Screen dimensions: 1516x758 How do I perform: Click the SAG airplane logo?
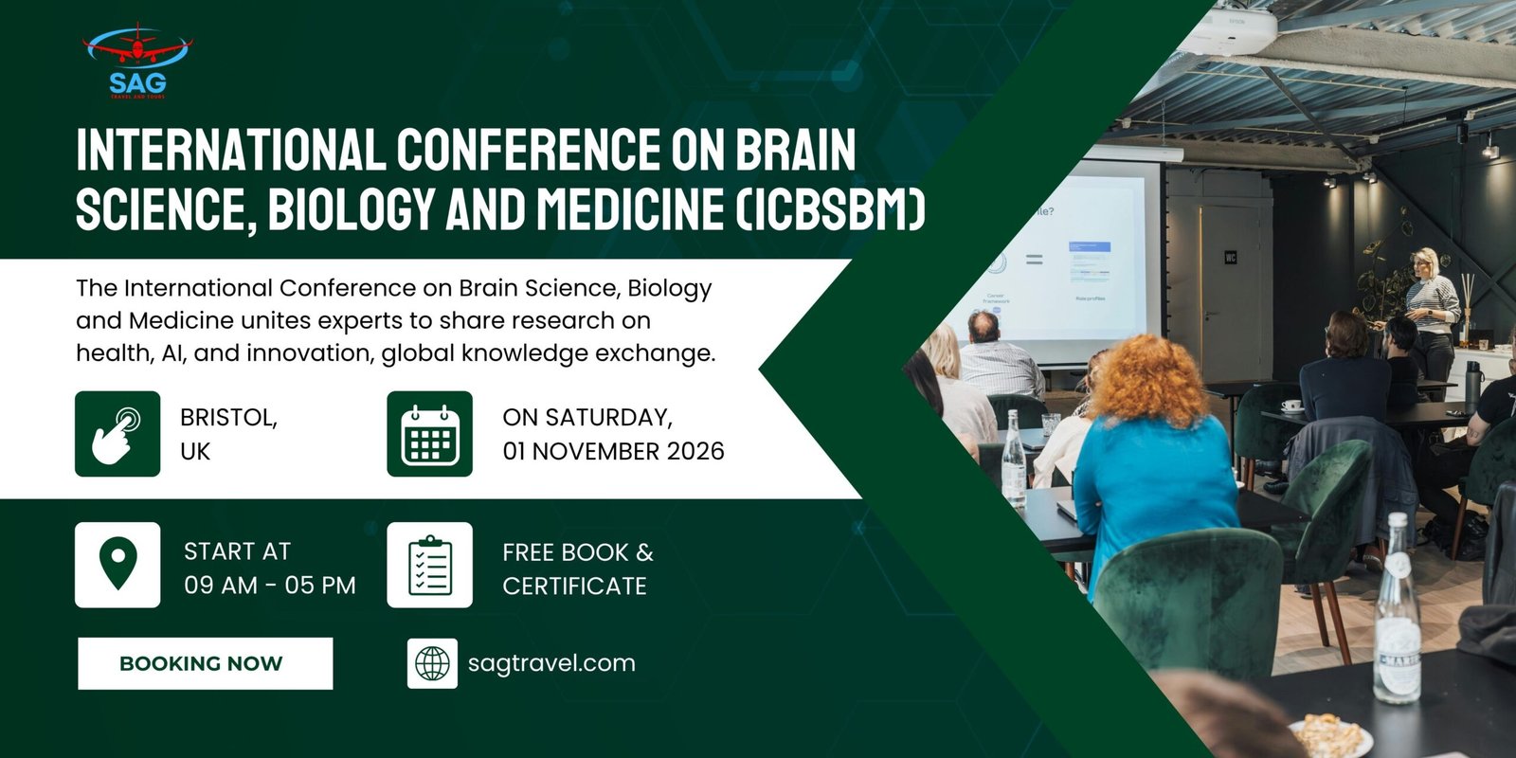point(137,61)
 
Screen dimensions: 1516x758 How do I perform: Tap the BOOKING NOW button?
point(205,663)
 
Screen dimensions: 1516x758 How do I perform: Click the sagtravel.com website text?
point(551,663)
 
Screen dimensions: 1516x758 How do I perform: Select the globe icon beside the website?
point(432,663)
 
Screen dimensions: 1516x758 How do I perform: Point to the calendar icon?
point(430,434)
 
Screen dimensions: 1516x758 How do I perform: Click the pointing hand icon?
point(117,434)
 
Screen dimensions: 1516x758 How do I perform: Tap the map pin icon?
point(117,565)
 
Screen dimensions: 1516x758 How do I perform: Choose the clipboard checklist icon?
point(430,565)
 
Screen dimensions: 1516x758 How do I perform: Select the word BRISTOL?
point(228,418)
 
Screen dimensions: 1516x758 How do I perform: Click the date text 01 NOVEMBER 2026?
point(613,451)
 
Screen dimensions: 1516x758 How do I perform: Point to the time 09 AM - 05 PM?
point(270,586)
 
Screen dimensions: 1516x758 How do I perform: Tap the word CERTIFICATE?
point(574,587)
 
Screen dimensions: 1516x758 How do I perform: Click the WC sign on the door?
point(1230,257)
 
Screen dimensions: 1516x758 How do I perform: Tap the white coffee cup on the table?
point(1291,406)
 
